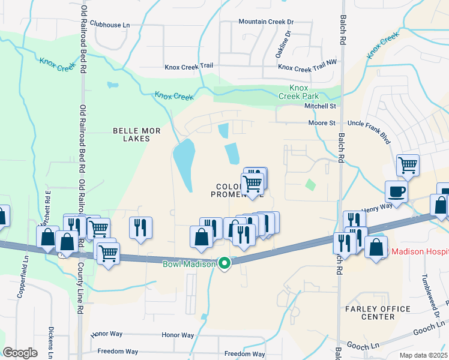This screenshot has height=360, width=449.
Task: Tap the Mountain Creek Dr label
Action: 265,22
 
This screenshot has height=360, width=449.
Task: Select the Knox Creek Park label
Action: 299,91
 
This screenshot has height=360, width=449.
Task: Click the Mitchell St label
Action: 319,106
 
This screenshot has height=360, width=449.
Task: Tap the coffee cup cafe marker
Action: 396,193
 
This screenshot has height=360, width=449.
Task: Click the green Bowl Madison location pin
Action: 225,263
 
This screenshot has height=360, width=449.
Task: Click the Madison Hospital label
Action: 419,251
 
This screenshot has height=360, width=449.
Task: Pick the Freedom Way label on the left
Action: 118,352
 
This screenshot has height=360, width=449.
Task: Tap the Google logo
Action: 20,352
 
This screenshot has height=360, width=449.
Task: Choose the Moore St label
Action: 321,123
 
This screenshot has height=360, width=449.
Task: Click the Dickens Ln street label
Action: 52,340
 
